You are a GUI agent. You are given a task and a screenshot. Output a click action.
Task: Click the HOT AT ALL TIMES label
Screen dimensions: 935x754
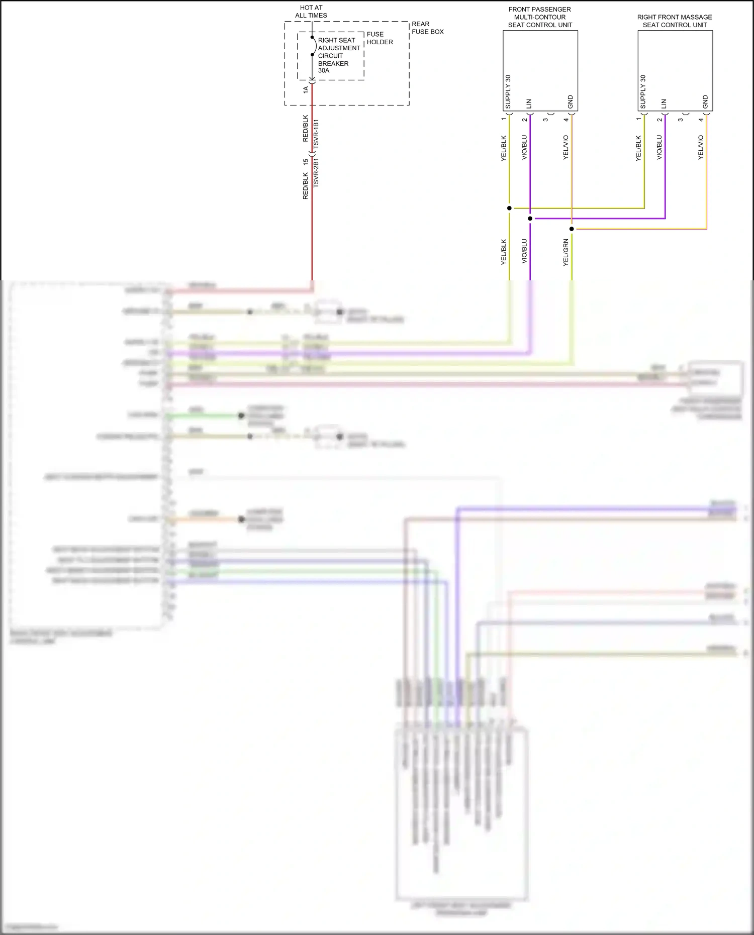[x=311, y=12]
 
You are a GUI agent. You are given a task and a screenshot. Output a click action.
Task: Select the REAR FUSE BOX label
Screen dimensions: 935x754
[x=427, y=28]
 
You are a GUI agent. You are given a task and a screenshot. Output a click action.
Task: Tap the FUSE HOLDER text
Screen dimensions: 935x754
[x=380, y=38]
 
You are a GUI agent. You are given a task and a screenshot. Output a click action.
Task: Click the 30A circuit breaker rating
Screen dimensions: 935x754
[x=324, y=71]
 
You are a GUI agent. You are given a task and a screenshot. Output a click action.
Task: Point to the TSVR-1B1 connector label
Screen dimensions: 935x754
[x=316, y=134]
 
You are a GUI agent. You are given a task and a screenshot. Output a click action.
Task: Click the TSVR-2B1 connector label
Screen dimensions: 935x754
[x=316, y=173]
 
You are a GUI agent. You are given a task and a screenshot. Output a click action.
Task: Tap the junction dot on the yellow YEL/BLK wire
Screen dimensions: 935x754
[x=509, y=208]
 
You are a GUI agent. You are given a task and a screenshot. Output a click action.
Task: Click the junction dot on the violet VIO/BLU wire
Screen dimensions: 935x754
[x=530, y=219]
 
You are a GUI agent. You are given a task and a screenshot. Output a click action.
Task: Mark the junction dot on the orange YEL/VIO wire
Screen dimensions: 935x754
[x=572, y=229]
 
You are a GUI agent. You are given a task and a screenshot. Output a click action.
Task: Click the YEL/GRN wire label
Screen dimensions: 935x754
[x=565, y=253]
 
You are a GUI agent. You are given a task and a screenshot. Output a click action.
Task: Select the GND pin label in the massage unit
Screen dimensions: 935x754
[x=705, y=102]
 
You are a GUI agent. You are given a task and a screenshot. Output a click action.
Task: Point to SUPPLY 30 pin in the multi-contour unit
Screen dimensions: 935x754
[x=508, y=92]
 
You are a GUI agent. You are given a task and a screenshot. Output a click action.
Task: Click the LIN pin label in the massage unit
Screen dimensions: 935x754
[x=664, y=104]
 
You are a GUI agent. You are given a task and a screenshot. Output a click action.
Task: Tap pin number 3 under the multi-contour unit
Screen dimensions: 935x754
[x=545, y=120]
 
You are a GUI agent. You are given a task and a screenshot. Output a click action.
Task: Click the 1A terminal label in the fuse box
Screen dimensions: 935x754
[x=306, y=89]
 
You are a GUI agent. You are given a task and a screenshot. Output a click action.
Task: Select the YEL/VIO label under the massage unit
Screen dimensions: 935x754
[x=701, y=148]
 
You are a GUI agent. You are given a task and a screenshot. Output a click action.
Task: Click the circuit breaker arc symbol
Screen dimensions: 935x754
[x=315, y=46]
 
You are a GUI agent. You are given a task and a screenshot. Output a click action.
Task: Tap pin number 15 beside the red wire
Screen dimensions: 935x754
[x=305, y=162]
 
